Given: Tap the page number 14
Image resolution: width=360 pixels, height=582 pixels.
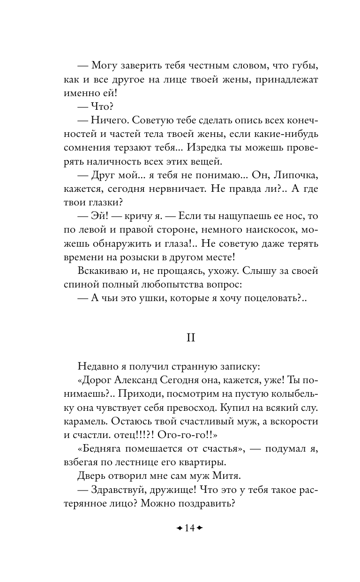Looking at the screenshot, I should coord(190,528).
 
